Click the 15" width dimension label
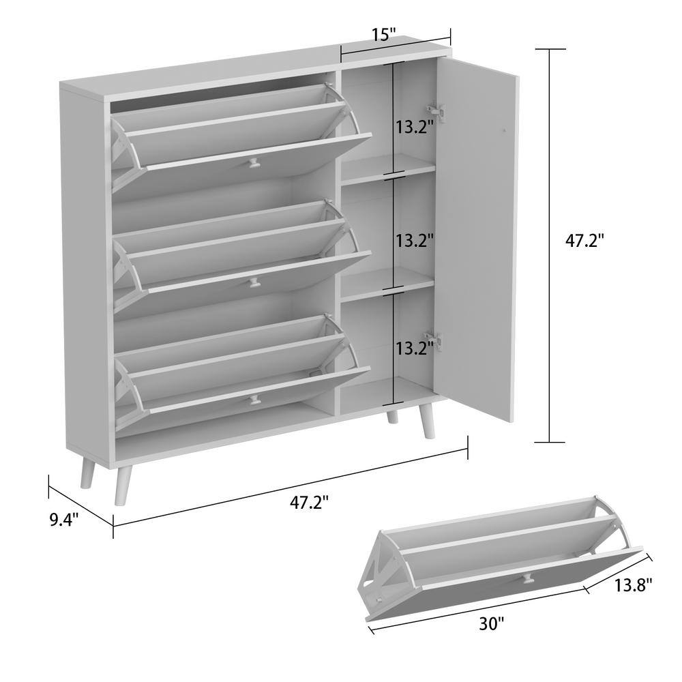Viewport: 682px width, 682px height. tap(384, 34)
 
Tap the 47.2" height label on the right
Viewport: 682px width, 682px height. tap(584, 240)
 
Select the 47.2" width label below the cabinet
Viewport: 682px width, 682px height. tap(309, 503)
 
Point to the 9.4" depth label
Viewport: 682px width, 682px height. tap(64, 519)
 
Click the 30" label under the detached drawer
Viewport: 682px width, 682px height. tap(491, 624)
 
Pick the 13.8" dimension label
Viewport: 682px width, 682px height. tap(633, 585)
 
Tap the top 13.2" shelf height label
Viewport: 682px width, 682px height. tap(415, 127)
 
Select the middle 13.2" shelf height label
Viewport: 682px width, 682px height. tap(415, 240)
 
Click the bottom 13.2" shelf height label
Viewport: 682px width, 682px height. tap(415, 349)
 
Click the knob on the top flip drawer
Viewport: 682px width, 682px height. tap(252, 164)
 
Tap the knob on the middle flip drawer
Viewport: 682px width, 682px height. tap(253, 283)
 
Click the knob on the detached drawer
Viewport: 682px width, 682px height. tap(527, 578)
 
